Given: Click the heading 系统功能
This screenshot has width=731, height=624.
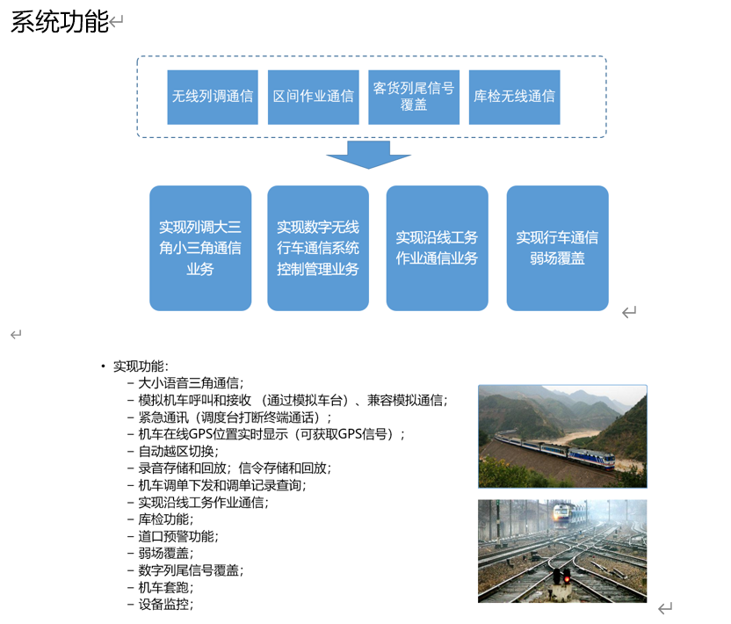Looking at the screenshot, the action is pyautogui.click(x=60, y=21).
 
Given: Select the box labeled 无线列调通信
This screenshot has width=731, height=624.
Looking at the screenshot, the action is pyautogui.click(x=213, y=97).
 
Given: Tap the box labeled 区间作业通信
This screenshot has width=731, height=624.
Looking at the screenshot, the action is pyautogui.click(x=314, y=97).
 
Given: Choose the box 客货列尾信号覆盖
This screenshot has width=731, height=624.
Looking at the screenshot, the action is pyautogui.click(x=414, y=97).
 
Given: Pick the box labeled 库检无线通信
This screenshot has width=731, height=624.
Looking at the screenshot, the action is pyautogui.click(x=515, y=97).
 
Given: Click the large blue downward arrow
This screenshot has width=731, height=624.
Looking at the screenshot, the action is pyautogui.click(x=368, y=155).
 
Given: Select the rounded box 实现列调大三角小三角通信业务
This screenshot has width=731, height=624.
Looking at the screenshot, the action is pyautogui.click(x=200, y=248).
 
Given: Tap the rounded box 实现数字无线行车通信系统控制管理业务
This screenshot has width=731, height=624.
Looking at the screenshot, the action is pyautogui.click(x=318, y=248).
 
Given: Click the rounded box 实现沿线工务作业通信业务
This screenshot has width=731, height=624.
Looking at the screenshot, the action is pyautogui.click(x=438, y=248).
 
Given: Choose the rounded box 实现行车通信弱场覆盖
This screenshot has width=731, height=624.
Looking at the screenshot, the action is pyautogui.click(x=558, y=248).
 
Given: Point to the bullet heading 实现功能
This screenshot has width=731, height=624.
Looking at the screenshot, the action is pyautogui.click(x=141, y=366).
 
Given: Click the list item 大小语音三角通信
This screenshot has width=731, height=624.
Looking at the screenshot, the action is pyautogui.click(x=192, y=383).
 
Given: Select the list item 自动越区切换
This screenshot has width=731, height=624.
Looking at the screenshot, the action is pyautogui.click(x=178, y=451).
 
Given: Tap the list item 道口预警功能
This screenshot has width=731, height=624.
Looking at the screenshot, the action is pyautogui.click(x=178, y=536).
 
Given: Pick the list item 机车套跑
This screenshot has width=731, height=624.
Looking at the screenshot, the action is pyautogui.click(x=166, y=587).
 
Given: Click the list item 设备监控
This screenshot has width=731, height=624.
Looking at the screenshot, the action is pyautogui.click(x=166, y=605).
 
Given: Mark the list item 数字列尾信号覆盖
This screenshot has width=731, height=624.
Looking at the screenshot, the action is pyautogui.click(x=192, y=570).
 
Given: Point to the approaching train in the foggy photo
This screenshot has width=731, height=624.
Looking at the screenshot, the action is pyautogui.click(x=561, y=515).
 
